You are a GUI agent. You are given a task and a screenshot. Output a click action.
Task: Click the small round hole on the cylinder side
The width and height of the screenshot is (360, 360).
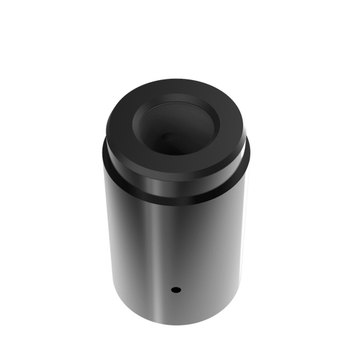point(176,290)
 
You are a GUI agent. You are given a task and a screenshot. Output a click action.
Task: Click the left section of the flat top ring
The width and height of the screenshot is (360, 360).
point(119,125)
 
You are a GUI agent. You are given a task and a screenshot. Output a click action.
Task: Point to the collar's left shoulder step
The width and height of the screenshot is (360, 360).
point(104,154)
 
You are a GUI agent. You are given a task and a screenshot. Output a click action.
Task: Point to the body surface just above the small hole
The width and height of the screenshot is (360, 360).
point(176,272)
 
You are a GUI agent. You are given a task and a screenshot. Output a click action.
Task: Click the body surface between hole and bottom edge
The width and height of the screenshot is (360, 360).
point(176,307)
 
